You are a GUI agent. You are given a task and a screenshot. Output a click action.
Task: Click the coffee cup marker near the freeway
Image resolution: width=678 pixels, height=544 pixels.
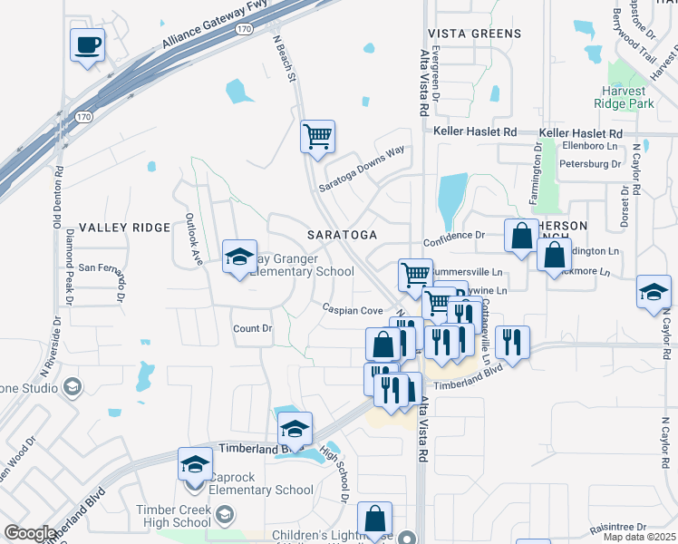tap(87, 45)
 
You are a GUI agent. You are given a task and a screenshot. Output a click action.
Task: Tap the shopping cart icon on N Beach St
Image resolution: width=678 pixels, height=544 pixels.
tap(317, 137)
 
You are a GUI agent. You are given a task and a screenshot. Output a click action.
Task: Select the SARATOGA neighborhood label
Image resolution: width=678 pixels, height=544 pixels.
tap(342, 235)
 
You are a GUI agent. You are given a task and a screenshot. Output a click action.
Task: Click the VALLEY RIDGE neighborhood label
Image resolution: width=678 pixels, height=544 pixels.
tap(124, 228)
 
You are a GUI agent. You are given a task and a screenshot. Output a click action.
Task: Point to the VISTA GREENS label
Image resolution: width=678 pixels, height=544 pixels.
tap(478, 34)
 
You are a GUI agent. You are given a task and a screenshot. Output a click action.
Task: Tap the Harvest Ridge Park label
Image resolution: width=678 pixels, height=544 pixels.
tap(634, 98)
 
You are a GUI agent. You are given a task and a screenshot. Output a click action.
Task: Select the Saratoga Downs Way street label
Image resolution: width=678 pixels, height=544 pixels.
tap(362, 169)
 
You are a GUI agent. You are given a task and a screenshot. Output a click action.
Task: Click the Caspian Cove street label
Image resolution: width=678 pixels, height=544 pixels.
tap(353, 309)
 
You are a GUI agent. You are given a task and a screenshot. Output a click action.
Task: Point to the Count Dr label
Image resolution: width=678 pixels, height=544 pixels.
tap(252, 329)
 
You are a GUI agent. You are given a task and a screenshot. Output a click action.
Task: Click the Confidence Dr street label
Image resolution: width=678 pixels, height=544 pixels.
tap(454, 235)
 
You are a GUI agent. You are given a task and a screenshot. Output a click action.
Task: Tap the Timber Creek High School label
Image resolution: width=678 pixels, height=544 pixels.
tap(173, 516)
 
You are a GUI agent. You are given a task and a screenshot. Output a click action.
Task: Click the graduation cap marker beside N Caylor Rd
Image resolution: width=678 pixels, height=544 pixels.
tap(653, 292)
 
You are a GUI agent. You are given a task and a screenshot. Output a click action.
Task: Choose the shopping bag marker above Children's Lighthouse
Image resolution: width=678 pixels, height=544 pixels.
tap(374, 520)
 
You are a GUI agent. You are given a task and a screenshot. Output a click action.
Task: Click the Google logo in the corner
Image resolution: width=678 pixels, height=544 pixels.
tap(29, 533)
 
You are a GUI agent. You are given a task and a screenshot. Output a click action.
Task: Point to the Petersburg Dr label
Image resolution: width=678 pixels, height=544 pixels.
tap(590, 164)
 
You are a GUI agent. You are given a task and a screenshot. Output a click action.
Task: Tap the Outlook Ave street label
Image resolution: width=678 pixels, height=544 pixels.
tap(193, 239)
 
